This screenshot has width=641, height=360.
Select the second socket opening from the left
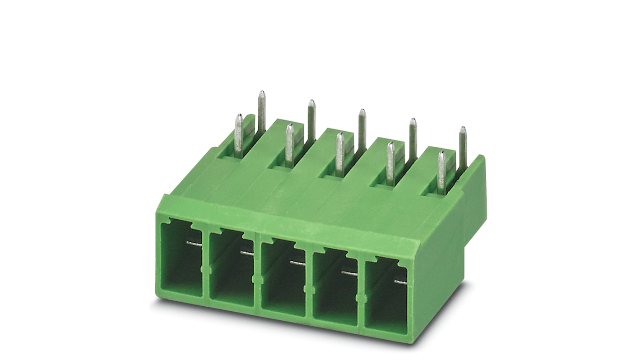coord(231,268)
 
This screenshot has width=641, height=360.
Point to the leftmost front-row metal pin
coord(238,135)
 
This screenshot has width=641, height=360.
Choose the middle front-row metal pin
coord(339,153)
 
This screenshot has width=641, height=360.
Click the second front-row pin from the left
coord(289,144)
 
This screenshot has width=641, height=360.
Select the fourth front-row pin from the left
coord(390,163)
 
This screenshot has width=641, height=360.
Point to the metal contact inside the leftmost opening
coord(194,244)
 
